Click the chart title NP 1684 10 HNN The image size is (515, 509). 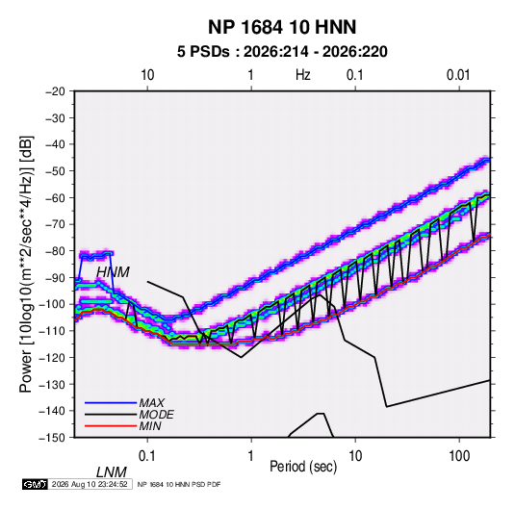click(x=282, y=27)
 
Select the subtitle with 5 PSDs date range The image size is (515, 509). click(x=282, y=52)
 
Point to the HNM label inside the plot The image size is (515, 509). click(x=113, y=272)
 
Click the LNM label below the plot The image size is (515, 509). click(x=112, y=472)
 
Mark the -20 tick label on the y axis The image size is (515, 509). click(x=55, y=91)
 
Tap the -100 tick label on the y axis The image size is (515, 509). click(x=52, y=304)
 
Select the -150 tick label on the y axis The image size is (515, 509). click(x=52, y=438)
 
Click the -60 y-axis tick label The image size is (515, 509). click(x=55, y=197)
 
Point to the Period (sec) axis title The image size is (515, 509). click(x=303, y=467)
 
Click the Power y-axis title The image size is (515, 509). click(x=26, y=264)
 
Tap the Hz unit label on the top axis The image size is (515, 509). click(x=303, y=75)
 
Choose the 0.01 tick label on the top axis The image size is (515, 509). click(x=458, y=75)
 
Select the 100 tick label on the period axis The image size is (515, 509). click(x=459, y=456)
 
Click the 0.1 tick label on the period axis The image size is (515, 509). click(x=147, y=456)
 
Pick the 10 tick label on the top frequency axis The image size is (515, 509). click(x=147, y=75)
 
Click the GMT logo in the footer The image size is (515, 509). click(x=36, y=484)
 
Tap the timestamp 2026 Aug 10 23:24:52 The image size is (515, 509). click(x=90, y=484)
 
